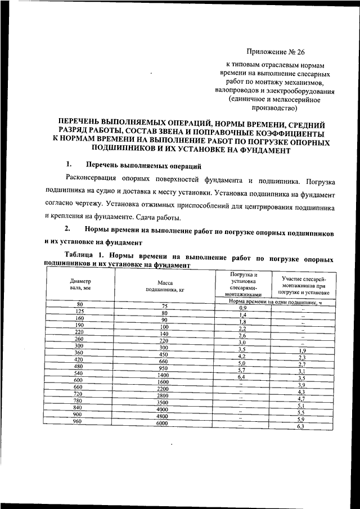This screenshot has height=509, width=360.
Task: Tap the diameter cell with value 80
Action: pos(79,304)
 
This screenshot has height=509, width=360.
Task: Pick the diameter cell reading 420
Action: pos(79,359)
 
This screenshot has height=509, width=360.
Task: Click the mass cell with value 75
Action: pos(164,305)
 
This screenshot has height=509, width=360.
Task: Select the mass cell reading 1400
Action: pos(163,375)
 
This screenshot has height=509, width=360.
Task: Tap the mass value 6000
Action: pos(163,424)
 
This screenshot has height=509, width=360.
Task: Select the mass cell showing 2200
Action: pos(163,389)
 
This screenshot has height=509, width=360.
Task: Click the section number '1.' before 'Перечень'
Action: pos(69,165)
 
